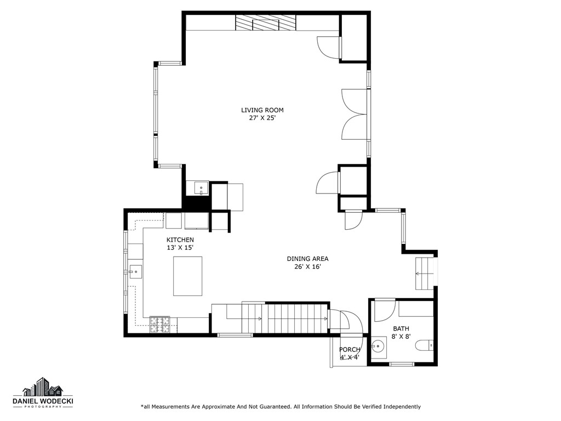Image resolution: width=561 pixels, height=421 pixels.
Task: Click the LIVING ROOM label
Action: (x=262, y=110)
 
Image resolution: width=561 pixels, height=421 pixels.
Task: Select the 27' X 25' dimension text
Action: (x=262, y=118)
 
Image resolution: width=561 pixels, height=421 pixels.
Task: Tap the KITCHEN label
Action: (x=180, y=240)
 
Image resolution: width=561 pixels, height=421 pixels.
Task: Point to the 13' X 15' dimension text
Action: (x=180, y=248)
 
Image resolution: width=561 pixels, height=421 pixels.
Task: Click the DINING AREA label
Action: (x=307, y=259)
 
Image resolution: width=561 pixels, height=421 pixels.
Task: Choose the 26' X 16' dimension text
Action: (x=307, y=267)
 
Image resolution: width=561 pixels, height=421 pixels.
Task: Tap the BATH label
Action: (x=401, y=329)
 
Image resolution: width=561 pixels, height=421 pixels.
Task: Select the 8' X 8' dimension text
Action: (x=401, y=337)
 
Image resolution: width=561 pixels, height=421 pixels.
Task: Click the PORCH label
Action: (x=350, y=350)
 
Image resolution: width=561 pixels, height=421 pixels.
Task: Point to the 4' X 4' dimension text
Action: (x=350, y=357)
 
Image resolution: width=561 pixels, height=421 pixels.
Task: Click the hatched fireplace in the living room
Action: (x=266, y=23)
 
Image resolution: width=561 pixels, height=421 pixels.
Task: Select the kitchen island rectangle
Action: (x=188, y=276)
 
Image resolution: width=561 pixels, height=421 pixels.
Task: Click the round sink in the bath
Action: (x=379, y=346)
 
